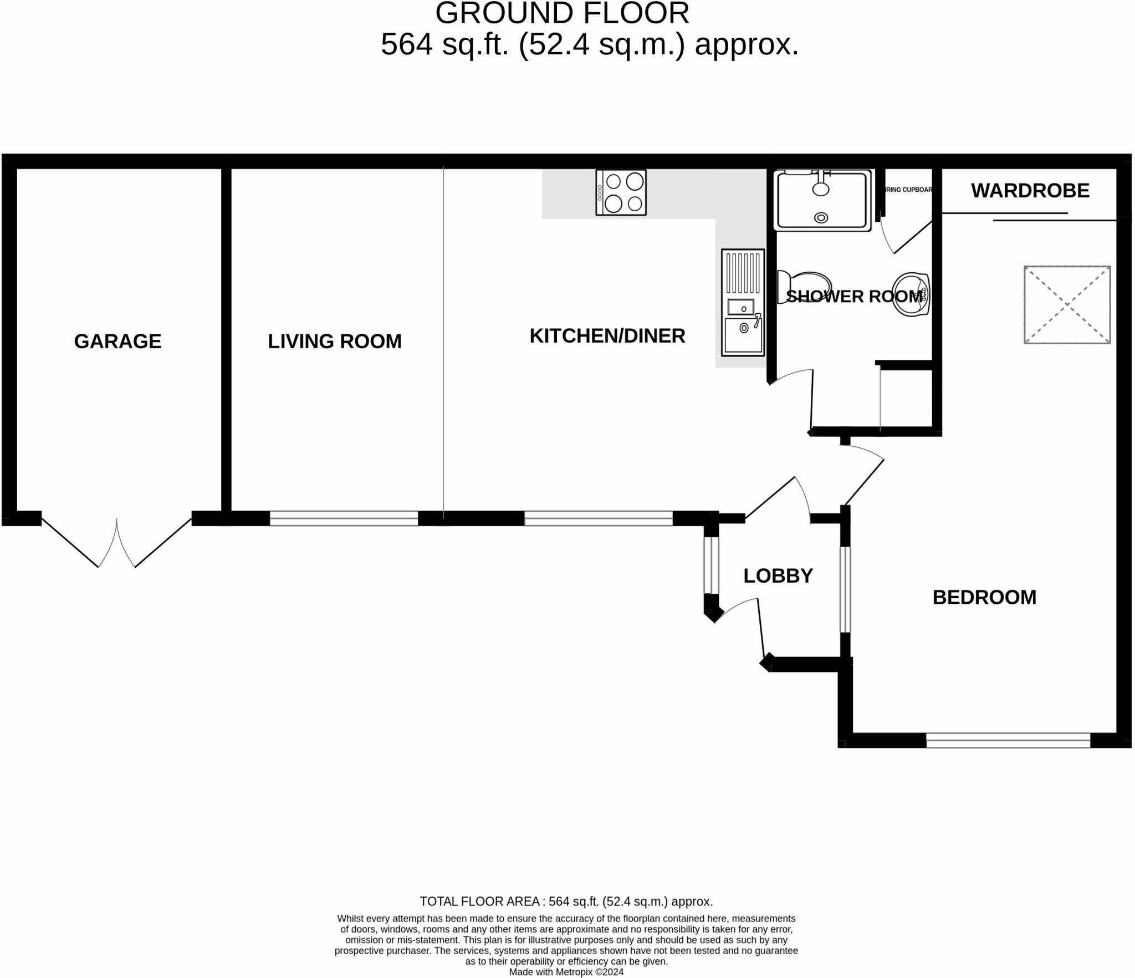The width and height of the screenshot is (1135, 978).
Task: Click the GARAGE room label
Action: [117, 341]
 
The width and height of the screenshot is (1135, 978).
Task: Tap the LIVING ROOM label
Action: [334, 341]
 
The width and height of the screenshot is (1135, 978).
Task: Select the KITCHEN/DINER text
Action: [607, 335]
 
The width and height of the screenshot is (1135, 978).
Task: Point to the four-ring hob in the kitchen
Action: [621, 192]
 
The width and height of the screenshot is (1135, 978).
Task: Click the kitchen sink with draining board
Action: [743, 302]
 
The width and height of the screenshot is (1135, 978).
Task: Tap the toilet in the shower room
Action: [804, 287]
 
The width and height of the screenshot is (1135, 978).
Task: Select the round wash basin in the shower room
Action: [911, 294]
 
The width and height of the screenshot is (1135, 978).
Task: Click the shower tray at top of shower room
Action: [822, 200]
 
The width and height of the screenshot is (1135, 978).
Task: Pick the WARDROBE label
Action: [1030, 191]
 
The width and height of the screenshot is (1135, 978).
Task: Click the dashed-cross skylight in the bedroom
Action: [1067, 304]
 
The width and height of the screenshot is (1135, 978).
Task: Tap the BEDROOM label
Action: [984, 597]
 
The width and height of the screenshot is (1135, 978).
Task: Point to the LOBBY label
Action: [778, 575]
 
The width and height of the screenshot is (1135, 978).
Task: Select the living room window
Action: [344, 518]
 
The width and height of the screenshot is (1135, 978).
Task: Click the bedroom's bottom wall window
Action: [1008, 740]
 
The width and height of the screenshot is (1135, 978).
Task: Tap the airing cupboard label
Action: [909, 190]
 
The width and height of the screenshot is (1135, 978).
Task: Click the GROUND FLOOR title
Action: [562, 13]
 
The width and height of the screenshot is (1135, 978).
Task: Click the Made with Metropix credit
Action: [566, 971]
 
